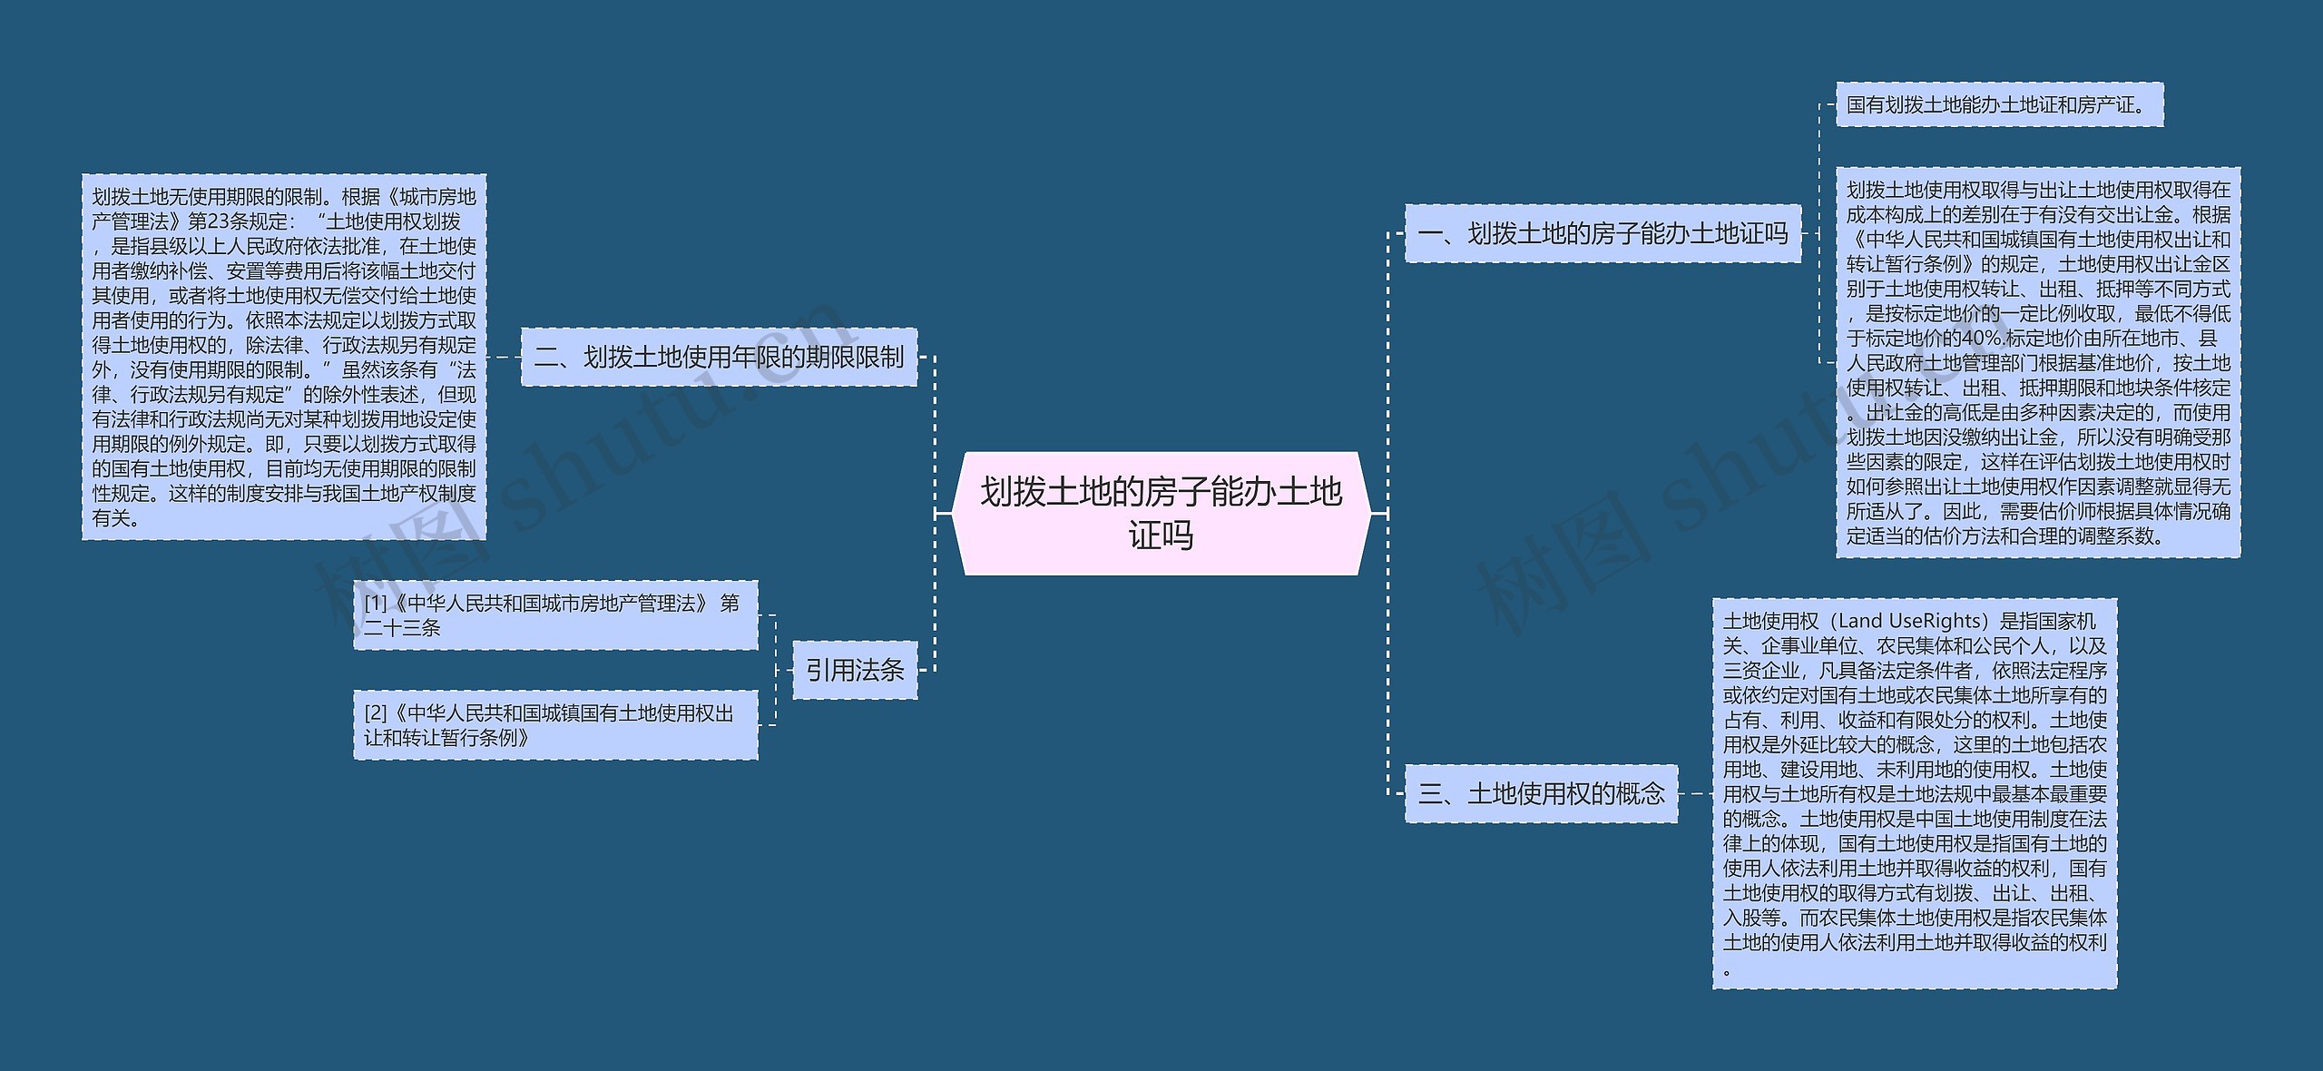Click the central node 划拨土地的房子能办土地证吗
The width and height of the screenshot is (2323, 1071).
click(1161, 513)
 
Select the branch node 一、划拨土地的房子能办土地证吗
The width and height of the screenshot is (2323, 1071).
click(1603, 234)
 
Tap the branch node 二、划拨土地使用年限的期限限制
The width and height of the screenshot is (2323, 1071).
click(719, 358)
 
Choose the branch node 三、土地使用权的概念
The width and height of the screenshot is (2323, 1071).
click(1541, 794)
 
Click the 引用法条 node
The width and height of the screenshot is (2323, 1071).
click(855, 671)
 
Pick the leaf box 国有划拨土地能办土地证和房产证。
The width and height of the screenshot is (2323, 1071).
click(1999, 105)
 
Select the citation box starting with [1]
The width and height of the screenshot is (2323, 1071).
click(555, 615)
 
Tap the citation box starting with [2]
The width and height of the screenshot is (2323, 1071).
click(555, 725)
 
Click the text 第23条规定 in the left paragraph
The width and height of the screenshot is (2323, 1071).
click(238, 221)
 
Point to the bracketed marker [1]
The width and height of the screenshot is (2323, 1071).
click(376, 604)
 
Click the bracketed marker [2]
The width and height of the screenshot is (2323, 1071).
click(376, 714)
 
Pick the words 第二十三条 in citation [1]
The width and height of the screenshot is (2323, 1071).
click(402, 628)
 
